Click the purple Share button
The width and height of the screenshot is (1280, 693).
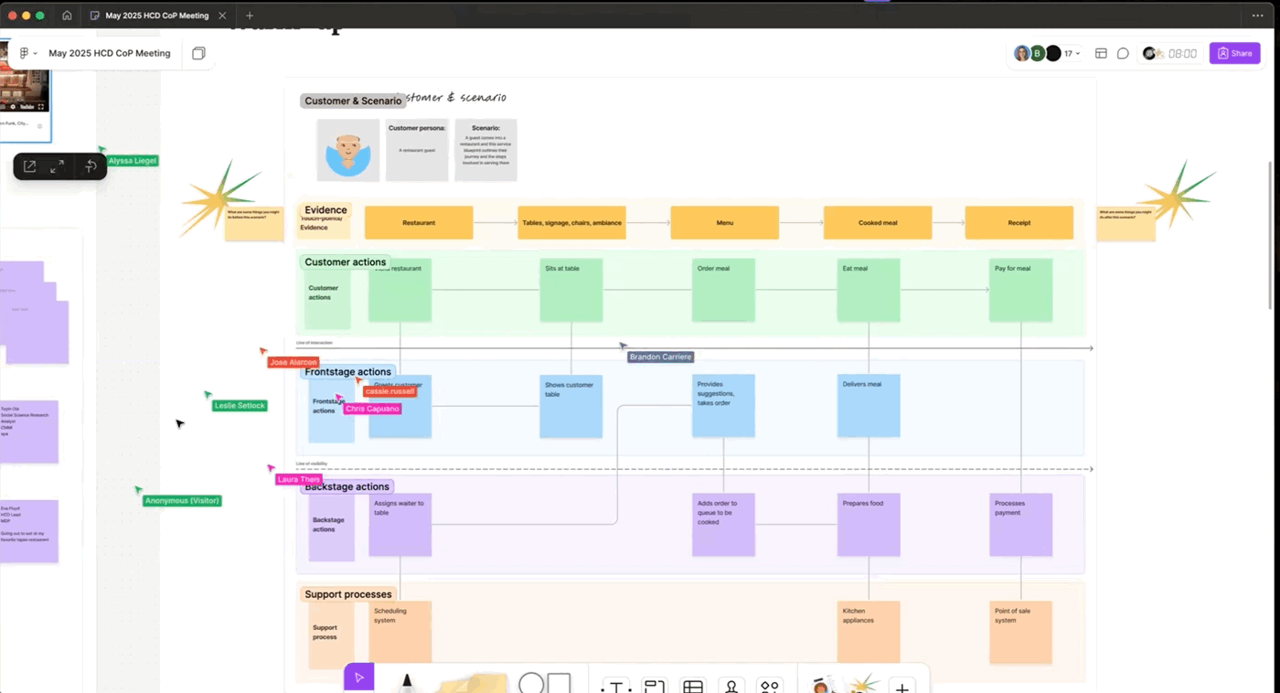pos(1234,53)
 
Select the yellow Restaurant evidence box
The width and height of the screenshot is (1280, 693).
pos(419,222)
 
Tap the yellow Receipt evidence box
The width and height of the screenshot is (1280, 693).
pos(1019,222)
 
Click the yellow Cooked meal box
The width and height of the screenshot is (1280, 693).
pos(877,222)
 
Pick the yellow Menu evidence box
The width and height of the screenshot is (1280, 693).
pos(724,222)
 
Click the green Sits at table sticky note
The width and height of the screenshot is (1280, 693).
pos(571,290)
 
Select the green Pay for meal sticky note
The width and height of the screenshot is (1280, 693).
pos(1020,290)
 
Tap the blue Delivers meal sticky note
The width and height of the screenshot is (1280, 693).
pos(869,405)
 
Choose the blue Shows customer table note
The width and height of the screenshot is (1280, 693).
pos(571,406)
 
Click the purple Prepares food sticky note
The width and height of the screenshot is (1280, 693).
pos(869,525)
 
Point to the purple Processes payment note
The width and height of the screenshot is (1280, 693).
pos(1020,525)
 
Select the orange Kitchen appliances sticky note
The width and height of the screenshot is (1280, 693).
pos(869,632)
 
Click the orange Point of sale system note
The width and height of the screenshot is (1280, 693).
pos(1020,632)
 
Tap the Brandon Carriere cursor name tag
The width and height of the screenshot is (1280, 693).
pos(661,357)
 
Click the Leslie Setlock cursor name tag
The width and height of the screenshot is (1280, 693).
pos(240,405)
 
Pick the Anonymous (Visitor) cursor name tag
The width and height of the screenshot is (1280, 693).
pos(182,500)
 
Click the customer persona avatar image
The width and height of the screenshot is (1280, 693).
pos(348,150)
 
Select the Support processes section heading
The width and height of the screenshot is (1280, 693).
pos(347,594)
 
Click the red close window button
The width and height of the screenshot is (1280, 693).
pos(12,16)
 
